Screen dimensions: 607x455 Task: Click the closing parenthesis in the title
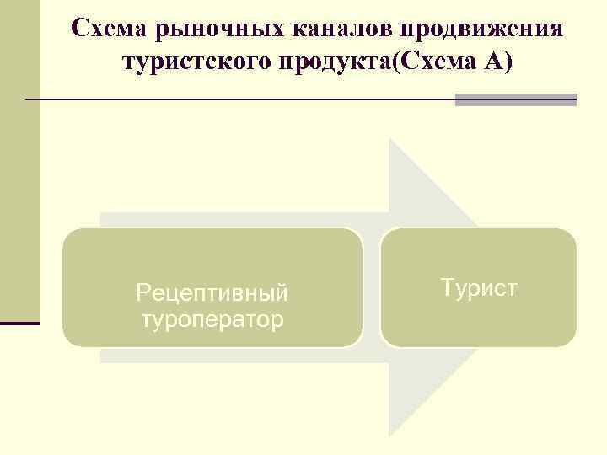click(503, 62)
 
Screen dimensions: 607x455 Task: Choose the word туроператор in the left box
click(212, 319)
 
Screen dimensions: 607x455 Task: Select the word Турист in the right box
click(479, 288)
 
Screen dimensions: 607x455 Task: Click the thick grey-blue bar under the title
click(515, 99)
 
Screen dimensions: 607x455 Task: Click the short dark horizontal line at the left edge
click(20, 323)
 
